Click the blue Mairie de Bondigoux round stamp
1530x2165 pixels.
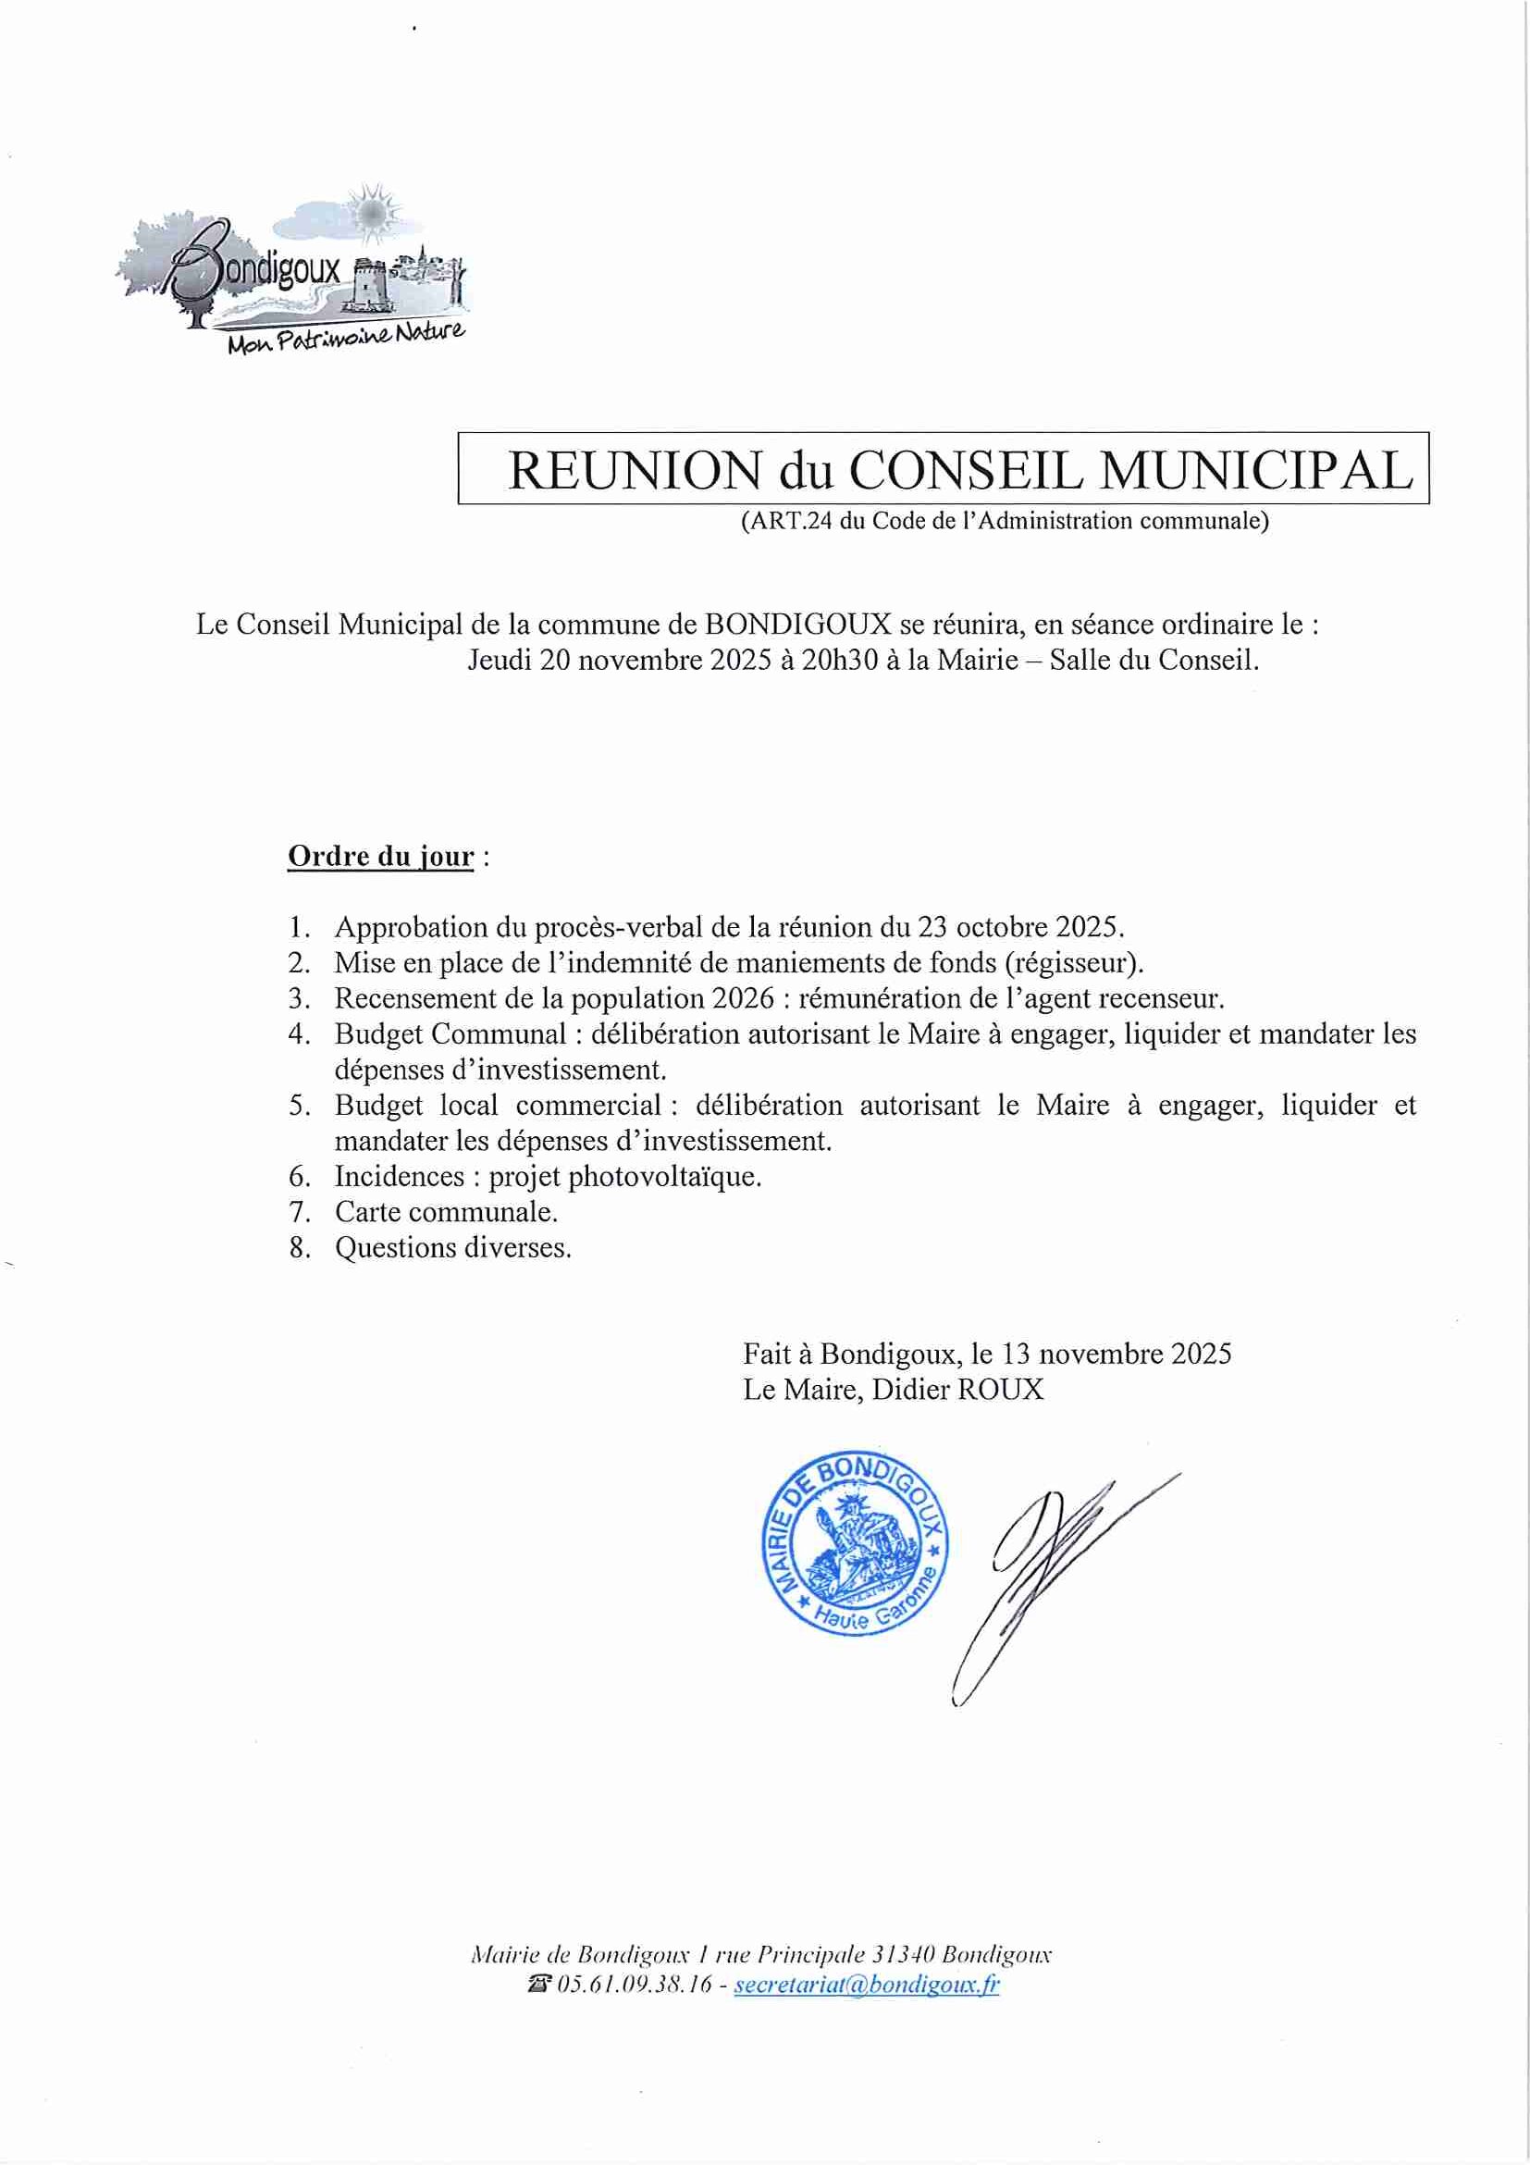click(x=855, y=1541)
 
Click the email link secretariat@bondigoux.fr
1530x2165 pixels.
click(x=867, y=1984)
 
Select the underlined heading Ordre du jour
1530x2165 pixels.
click(x=380, y=856)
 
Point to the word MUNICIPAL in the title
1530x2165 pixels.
click(x=1255, y=470)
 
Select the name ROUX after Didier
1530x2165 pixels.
click(x=1000, y=1389)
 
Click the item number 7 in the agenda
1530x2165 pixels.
click(x=299, y=1212)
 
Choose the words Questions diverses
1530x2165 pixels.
click(x=452, y=1247)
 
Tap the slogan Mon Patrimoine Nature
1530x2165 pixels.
click(x=346, y=338)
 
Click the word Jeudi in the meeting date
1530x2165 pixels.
click(x=500, y=659)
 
